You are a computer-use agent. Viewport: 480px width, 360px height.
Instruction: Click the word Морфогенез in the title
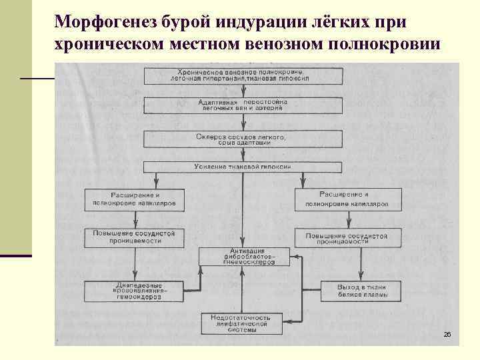tap(106, 22)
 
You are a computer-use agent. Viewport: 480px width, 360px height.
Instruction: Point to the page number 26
tap(447, 334)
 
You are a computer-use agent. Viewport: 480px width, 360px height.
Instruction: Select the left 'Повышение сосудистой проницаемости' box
tap(133, 237)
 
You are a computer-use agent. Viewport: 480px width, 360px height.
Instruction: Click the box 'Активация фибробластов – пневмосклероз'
tap(245, 256)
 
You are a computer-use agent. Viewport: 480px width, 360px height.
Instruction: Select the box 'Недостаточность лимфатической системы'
tap(241, 323)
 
